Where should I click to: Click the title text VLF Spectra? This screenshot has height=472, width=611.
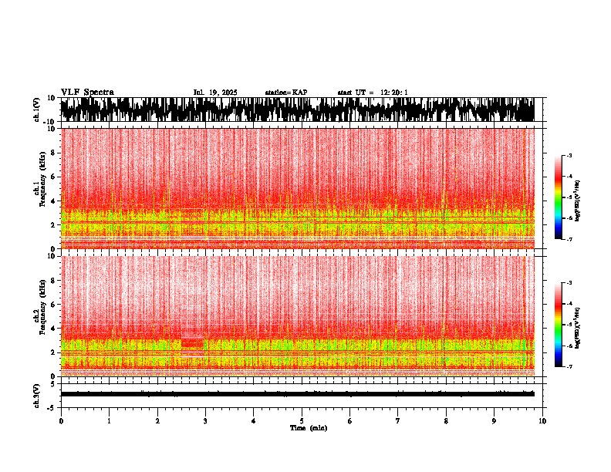point(87,92)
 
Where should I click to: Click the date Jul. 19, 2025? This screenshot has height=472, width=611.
point(215,93)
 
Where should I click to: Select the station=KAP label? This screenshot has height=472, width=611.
point(285,93)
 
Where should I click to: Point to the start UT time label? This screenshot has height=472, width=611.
point(373,93)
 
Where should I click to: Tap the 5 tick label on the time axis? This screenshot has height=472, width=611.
point(302,421)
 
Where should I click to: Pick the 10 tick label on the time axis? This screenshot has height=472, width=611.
point(542,421)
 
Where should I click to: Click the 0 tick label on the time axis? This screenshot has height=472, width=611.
point(61,421)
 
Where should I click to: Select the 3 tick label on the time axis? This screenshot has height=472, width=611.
point(205,421)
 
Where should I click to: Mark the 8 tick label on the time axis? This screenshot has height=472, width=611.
point(446,421)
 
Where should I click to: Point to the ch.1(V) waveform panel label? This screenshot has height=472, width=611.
point(37,110)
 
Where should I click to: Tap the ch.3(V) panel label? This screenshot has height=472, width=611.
point(37,394)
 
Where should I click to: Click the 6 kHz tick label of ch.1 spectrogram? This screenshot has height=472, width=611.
point(52,177)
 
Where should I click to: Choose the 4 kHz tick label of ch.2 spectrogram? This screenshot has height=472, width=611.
point(52,329)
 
